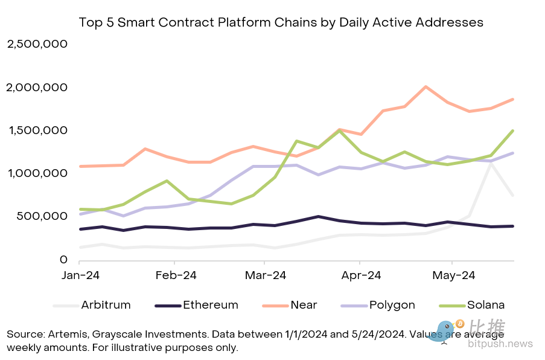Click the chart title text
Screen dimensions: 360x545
point(281,22)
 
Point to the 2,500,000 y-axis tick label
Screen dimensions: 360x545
point(37,45)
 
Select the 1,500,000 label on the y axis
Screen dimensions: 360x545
point(37,130)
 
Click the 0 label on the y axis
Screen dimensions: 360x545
point(63,260)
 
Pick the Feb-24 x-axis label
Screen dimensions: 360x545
point(175,275)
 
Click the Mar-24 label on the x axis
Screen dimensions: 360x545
point(266,275)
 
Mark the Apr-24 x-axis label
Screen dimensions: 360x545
point(360,275)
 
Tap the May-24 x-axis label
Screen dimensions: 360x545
point(454,275)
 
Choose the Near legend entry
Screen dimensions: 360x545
point(303,305)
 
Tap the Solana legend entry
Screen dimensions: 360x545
point(484,305)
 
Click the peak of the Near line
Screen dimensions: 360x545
point(426,87)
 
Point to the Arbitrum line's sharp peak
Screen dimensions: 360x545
point(491,163)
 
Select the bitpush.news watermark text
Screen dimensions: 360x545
point(500,344)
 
